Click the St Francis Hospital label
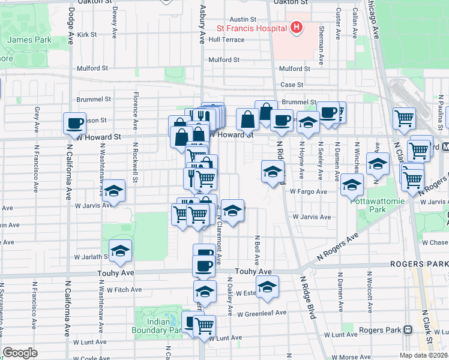coord(252,28)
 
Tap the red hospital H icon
coord(295,27)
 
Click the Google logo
coord(20,353)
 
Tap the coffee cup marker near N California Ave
coord(75,124)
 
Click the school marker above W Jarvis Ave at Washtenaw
coord(113,191)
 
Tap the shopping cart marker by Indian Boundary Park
coord(205,326)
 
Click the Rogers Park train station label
coord(381,330)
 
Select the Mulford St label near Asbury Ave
coord(224,60)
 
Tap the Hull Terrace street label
coord(227,40)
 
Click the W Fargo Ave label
coord(309,191)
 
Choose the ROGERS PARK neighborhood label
coord(418,263)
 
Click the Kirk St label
coord(87,35)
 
